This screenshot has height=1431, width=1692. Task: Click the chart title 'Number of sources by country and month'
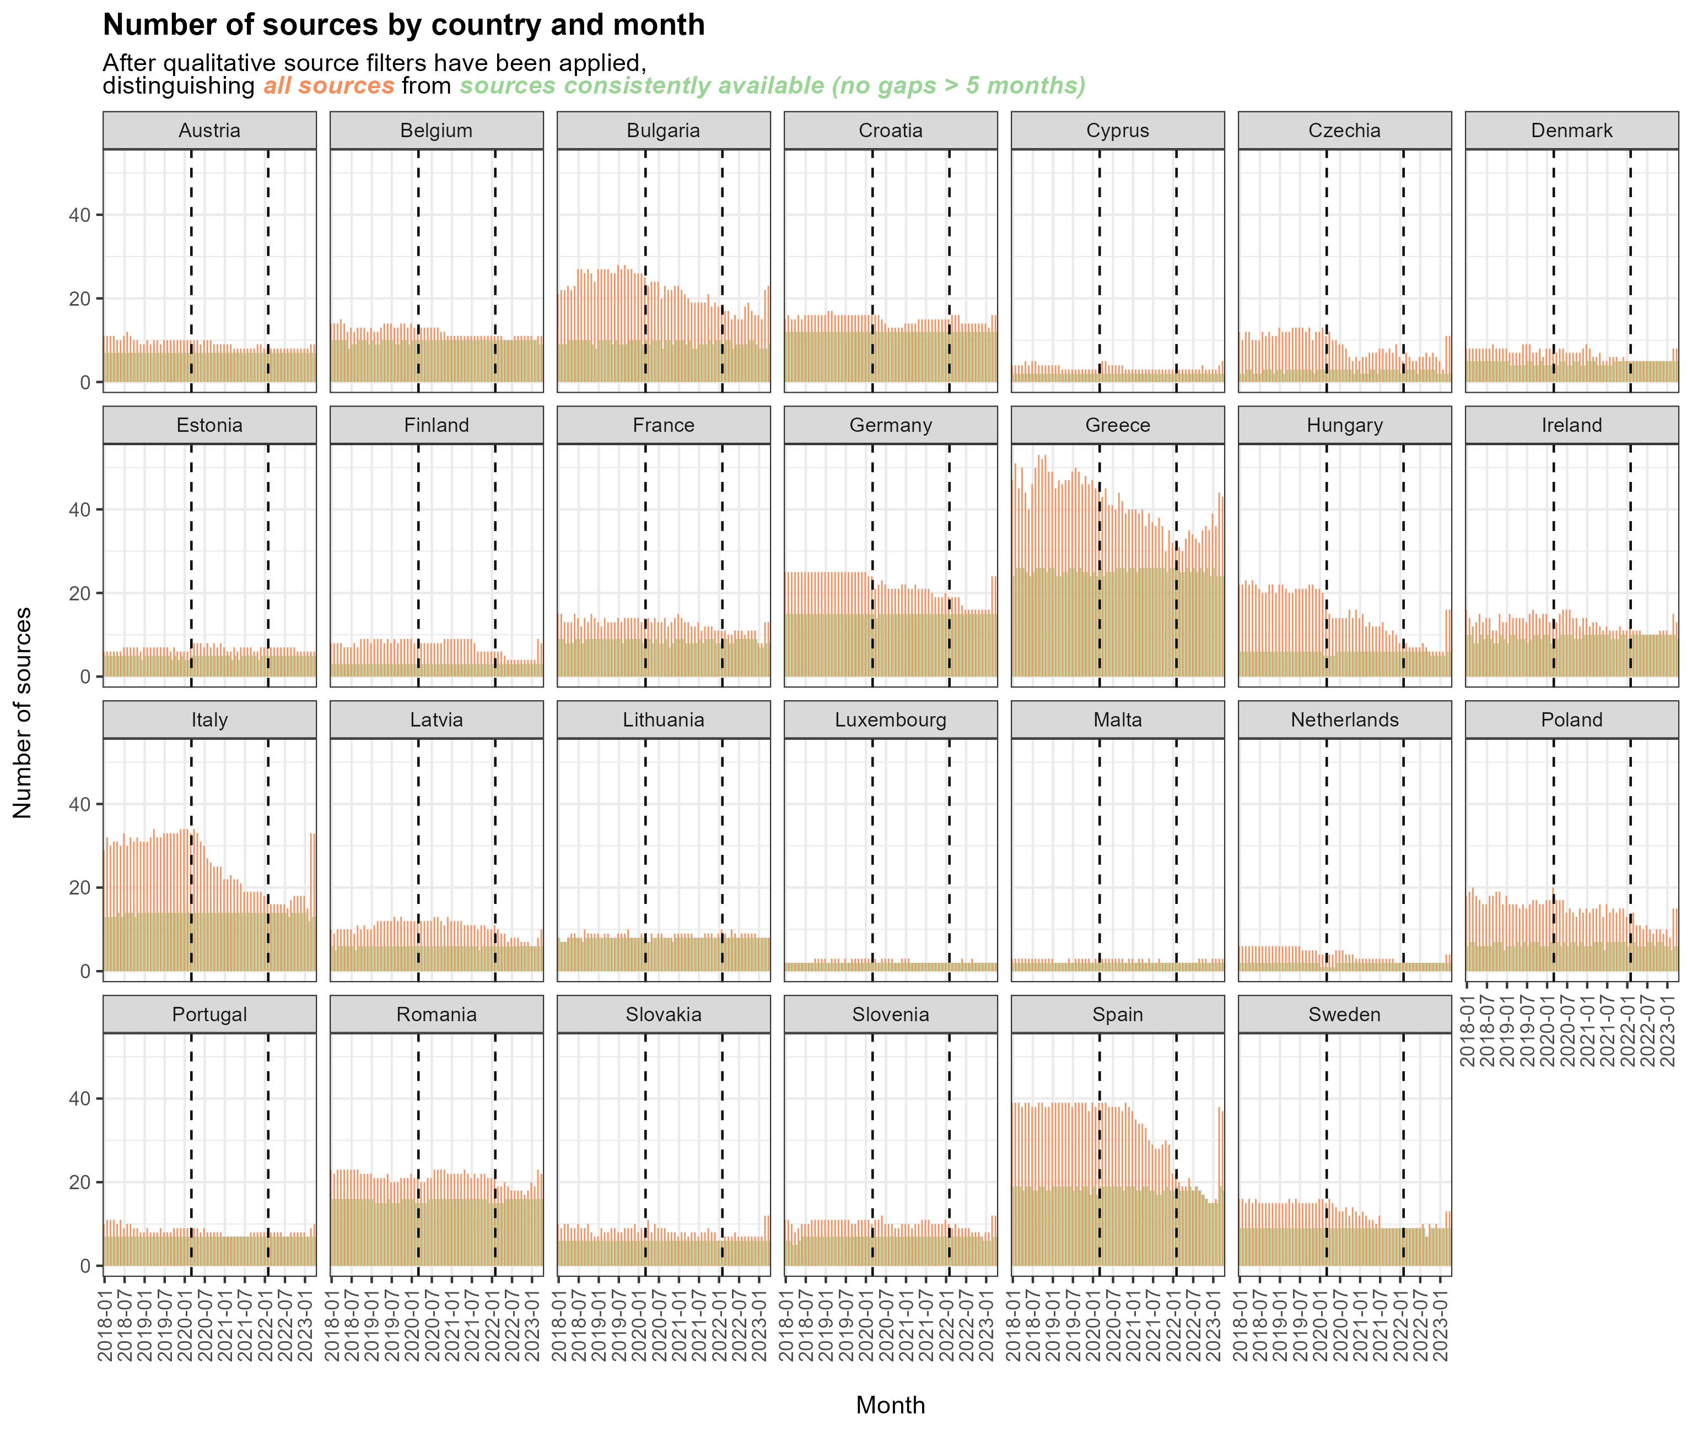coord(403,25)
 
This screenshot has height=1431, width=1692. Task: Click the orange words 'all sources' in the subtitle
coord(328,86)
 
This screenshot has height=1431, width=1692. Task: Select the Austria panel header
coord(209,131)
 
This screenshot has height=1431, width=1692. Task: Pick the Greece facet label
coord(1118,425)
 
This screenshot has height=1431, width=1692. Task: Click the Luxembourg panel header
coord(890,719)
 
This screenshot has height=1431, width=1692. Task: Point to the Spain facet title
coord(1118,1014)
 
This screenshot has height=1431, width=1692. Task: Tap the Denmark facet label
coord(1571,131)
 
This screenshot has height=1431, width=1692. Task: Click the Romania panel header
coord(437,1014)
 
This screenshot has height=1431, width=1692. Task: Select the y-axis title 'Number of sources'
coord(23,712)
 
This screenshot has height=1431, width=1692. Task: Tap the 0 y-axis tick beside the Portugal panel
coord(85,1266)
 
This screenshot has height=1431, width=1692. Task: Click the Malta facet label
coord(1118,719)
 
